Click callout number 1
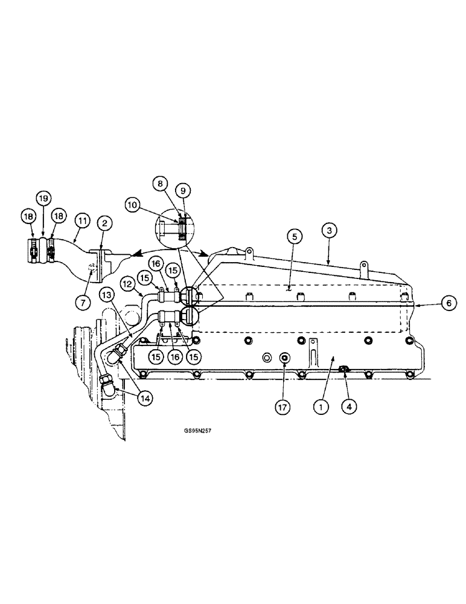point(322,407)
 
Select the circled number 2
point(104,223)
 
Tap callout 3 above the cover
point(328,230)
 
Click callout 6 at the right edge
point(447,305)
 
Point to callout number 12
point(127,283)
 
